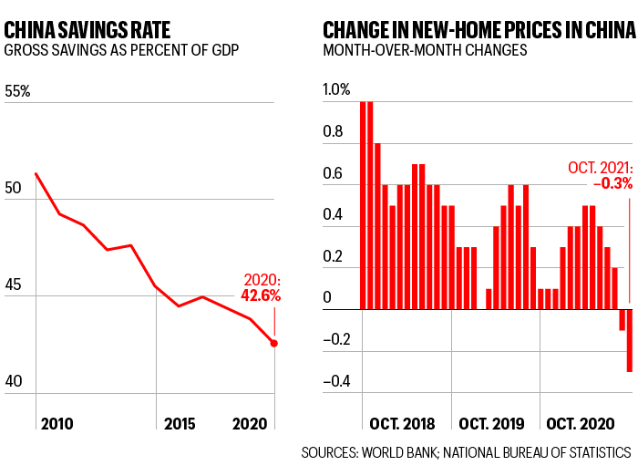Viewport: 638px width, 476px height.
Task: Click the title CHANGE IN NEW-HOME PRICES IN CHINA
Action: (x=478, y=28)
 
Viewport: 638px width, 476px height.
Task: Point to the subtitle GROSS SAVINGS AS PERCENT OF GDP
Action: (x=121, y=49)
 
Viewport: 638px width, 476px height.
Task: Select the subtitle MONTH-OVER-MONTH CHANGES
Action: (x=425, y=49)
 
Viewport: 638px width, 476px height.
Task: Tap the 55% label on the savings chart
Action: (x=18, y=92)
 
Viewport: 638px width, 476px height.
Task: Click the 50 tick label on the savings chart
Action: (x=13, y=187)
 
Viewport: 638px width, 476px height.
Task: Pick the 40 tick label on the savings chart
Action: (x=13, y=384)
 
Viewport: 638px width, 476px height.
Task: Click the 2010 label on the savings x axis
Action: (x=57, y=424)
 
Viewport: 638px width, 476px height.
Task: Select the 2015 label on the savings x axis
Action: (x=180, y=424)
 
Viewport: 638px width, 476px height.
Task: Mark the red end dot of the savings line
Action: (x=274, y=343)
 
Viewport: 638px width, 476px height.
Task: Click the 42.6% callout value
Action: (x=261, y=295)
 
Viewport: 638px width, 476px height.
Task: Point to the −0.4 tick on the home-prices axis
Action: (x=337, y=381)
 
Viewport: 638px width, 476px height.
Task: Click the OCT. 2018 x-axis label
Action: (x=403, y=424)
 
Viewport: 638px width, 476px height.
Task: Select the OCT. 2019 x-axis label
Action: (x=491, y=424)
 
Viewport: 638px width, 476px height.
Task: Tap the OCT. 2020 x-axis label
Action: (x=579, y=424)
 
